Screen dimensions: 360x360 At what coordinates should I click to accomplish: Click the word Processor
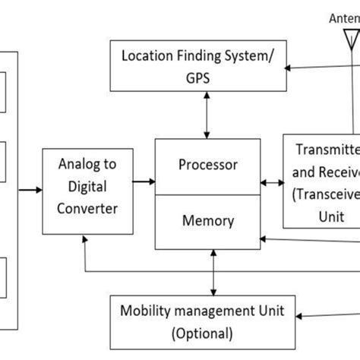[x=207, y=165]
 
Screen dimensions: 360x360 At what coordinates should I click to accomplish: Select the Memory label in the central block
[x=207, y=221]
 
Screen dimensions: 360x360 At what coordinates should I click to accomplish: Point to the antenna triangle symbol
[x=352, y=37]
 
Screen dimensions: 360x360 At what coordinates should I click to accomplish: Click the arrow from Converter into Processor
[x=151, y=181]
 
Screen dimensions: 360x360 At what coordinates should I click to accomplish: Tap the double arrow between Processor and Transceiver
[x=270, y=182]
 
